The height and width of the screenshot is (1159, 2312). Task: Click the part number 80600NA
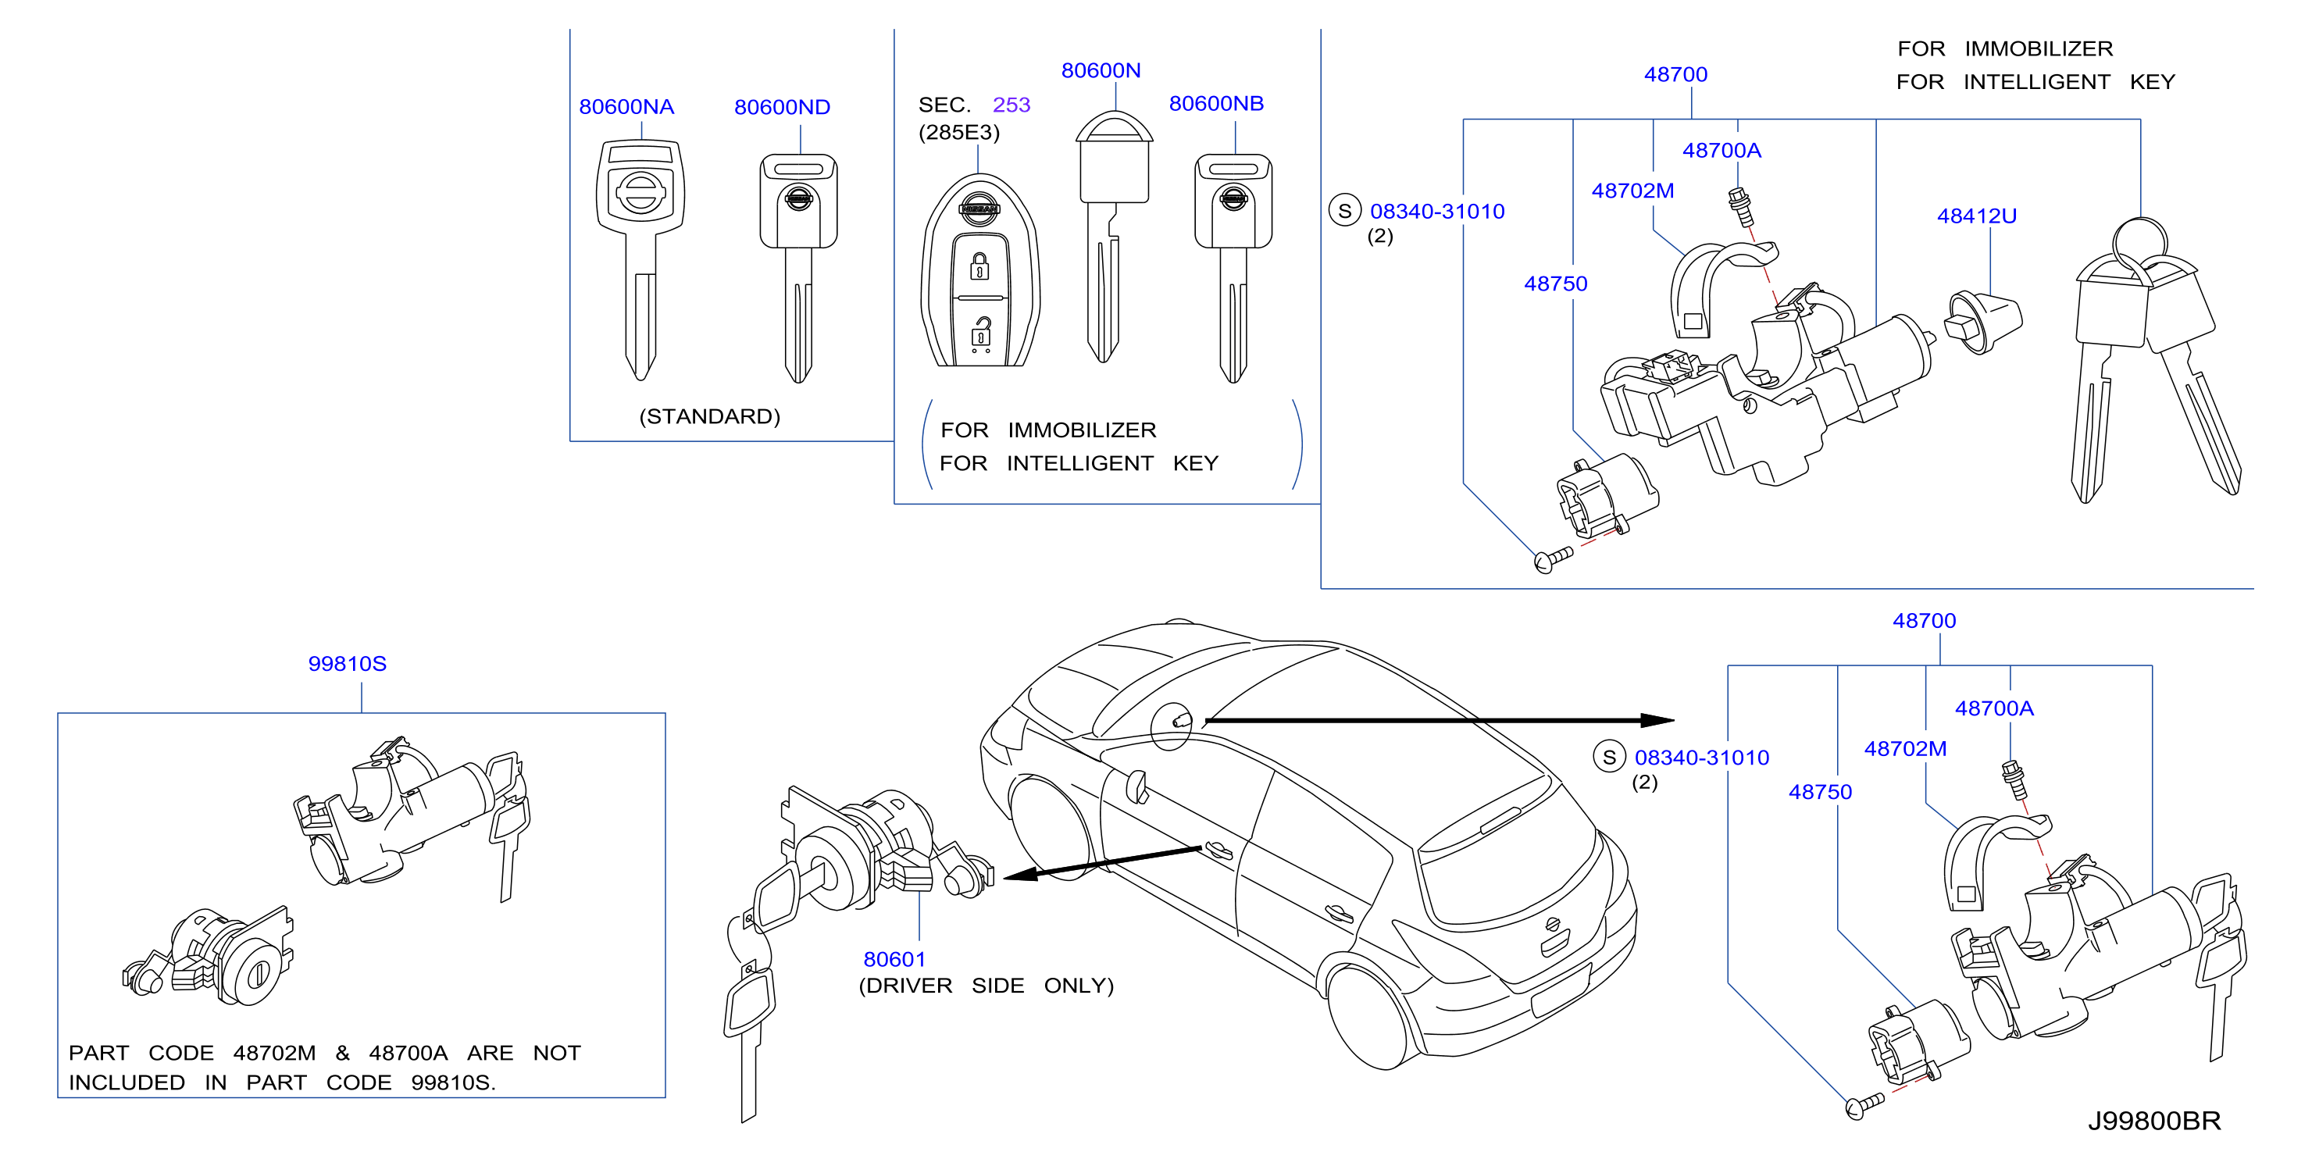[626, 107]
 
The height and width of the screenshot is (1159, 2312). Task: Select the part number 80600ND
[782, 107]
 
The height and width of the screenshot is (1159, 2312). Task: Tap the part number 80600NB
[1216, 103]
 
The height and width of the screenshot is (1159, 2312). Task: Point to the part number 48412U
[1976, 216]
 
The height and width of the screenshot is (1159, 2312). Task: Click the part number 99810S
[348, 663]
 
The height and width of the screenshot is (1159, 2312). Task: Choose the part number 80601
[894, 959]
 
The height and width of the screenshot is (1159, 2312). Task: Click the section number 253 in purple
[1011, 105]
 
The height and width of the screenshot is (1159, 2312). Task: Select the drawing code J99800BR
[2154, 1121]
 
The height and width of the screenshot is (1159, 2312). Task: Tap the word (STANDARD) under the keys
[710, 416]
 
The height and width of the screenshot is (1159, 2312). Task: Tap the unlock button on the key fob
[981, 331]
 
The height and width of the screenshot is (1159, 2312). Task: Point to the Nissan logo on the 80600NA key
[640, 192]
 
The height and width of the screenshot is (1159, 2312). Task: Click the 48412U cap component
[1982, 322]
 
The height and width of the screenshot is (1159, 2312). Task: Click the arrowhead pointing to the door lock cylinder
[1022, 875]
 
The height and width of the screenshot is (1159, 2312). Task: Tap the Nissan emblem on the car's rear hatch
[1553, 925]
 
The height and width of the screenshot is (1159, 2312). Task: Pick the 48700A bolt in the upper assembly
[1741, 208]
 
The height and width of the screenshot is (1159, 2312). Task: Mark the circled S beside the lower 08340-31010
[1609, 757]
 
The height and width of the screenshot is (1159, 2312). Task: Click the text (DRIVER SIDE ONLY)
[987, 986]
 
